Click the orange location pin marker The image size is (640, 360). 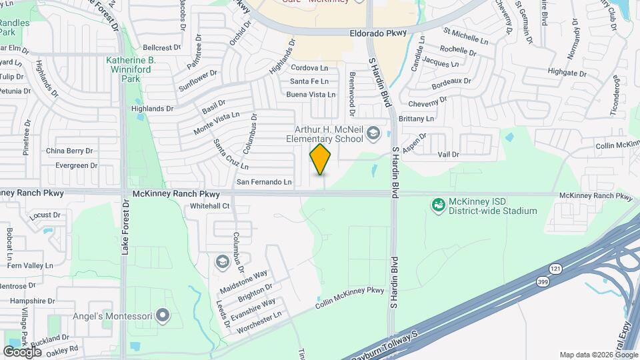pyautogui.click(x=321, y=159)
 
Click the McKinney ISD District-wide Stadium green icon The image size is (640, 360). pyautogui.click(x=439, y=206)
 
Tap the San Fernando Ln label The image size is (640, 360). pyautogui.click(x=265, y=182)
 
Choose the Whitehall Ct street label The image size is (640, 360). pyautogui.click(x=209, y=207)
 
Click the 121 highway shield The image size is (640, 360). pyautogui.click(x=555, y=268)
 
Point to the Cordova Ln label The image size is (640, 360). pyautogui.click(x=310, y=68)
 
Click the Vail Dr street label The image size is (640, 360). pyautogui.click(x=449, y=155)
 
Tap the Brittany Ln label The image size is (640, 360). pyautogui.click(x=416, y=119)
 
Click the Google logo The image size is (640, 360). pyautogui.click(x=22, y=351)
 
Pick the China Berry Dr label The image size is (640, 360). pyautogui.click(x=69, y=151)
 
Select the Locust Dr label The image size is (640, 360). pyautogui.click(x=45, y=216)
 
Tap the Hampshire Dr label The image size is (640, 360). pyautogui.click(x=32, y=301)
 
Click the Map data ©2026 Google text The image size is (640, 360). pyautogui.click(x=598, y=355)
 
